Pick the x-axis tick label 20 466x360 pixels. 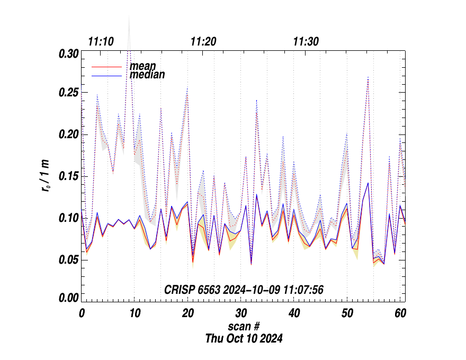[x=188, y=313]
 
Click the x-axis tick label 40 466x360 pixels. [x=294, y=313]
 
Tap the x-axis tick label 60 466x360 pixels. [x=400, y=313]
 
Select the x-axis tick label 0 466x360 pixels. [x=82, y=313]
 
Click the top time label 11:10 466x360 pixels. [x=101, y=42]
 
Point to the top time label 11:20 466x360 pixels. [x=203, y=42]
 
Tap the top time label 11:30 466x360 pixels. [x=306, y=42]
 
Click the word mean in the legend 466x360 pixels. [x=143, y=66]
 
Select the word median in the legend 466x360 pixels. [x=147, y=75]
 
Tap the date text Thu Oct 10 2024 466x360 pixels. [x=244, y=338]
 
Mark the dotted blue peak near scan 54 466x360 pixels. [x=368, y=77]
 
